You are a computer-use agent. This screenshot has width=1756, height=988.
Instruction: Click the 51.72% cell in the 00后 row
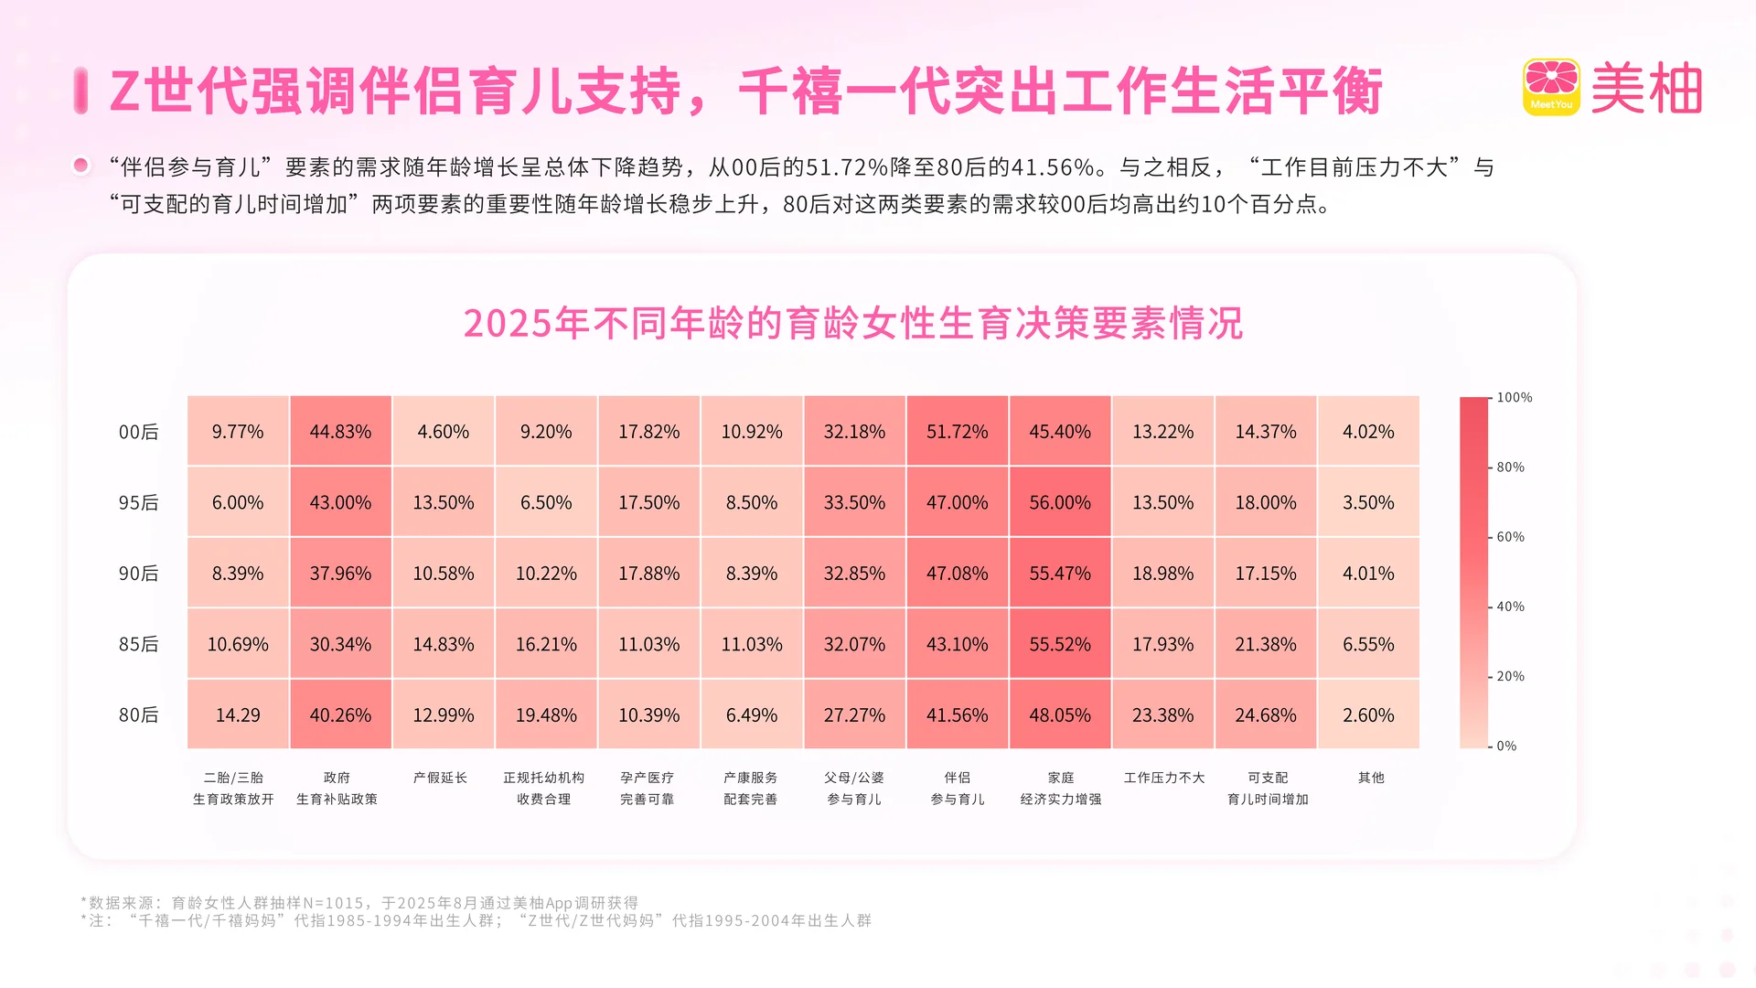(957, 431)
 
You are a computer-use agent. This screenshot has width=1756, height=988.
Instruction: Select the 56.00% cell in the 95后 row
(1059, 502)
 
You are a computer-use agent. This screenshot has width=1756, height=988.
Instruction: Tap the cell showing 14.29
(238, 714)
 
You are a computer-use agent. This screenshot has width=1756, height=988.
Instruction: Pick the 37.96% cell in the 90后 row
(340, 573)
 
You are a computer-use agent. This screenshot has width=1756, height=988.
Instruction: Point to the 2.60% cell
(1368, 714)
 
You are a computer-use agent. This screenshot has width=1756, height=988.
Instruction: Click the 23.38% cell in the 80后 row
(1162, 714)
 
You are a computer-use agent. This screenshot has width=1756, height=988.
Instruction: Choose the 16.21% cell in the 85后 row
(546, 644)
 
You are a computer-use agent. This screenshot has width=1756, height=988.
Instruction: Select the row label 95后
(138, 502)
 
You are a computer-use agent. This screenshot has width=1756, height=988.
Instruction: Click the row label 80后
(138, 714)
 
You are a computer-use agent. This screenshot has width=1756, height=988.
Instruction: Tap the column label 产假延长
(440, 778)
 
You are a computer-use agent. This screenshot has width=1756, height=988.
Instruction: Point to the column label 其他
(1370, 778)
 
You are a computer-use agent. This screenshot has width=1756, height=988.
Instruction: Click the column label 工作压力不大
(1163, 778)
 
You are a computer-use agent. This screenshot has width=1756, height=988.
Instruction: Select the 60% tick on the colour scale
(1510, 537)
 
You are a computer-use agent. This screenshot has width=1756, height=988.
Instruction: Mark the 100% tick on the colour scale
(1514, 398)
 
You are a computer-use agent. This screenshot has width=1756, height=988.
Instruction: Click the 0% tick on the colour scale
(1506, 746)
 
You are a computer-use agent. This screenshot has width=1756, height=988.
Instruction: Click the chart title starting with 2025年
(852, 323)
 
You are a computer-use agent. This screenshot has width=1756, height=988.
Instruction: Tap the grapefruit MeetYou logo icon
(1551, 87)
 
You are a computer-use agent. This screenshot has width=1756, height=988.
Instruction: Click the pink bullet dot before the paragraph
(81, 166)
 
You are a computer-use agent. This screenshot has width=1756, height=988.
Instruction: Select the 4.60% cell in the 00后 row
(443, 431)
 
